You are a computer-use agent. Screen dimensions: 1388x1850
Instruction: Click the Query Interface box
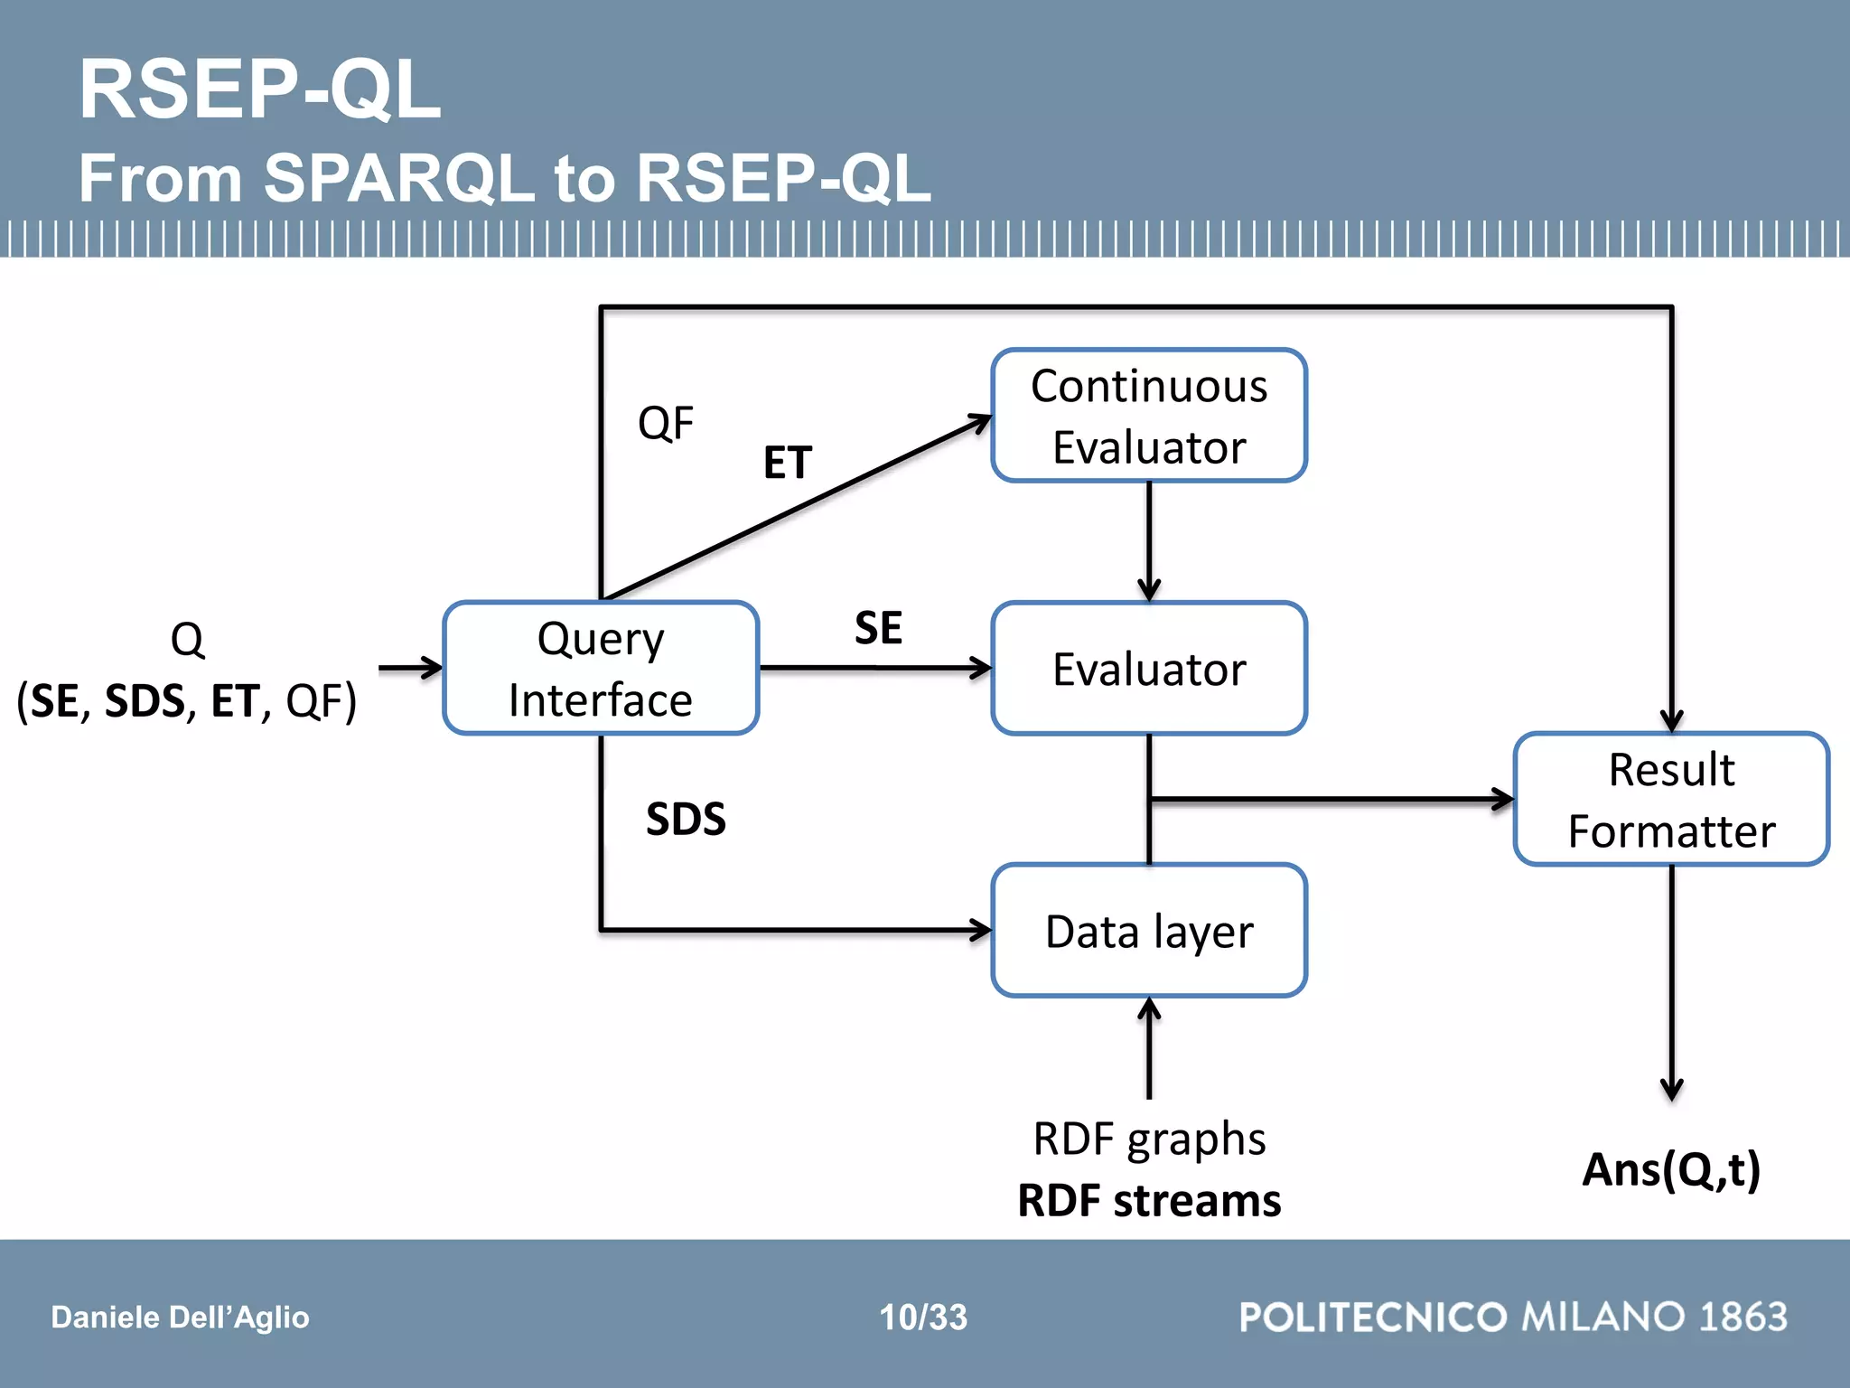[x=601, y=669]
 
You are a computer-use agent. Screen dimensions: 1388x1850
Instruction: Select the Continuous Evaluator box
[x=1149, y=416]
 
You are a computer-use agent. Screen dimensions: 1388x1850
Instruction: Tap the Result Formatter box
[x=1671, y=800]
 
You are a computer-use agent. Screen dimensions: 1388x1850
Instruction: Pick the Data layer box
[x=1149, y=931]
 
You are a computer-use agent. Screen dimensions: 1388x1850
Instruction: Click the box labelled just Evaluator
[x=1149, y=669]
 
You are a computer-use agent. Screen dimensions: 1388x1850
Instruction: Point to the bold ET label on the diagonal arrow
[x=788, y=463]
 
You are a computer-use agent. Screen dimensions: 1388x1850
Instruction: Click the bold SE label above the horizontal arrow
[x=878, y=627]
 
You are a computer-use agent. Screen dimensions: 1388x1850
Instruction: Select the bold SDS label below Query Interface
[x=686, y=819]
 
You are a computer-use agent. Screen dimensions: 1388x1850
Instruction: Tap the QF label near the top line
[x=666, y=423]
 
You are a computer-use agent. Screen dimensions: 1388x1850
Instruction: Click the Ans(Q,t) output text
[x=1671, y=1169]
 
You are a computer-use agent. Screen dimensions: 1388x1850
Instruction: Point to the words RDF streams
[x=1149, y=1201]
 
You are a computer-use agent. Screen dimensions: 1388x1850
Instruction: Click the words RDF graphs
[x=1149, y=1139]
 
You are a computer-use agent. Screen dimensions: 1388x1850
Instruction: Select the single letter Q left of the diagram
[x=187, y=640]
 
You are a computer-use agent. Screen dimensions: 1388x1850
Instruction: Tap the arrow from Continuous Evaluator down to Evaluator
[x=1149, y=542]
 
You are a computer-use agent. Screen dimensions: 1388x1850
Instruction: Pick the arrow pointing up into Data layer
[x=1149, y=1048]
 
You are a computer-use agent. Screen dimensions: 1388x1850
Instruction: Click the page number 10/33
[x=923, y=1318]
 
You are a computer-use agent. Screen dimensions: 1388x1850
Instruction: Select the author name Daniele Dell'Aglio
[x=180, y=1318]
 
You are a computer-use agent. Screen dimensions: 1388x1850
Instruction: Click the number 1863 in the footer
[x=1743, y=1317]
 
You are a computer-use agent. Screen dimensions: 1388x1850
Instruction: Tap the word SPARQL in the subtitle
[x=399, y=177]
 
